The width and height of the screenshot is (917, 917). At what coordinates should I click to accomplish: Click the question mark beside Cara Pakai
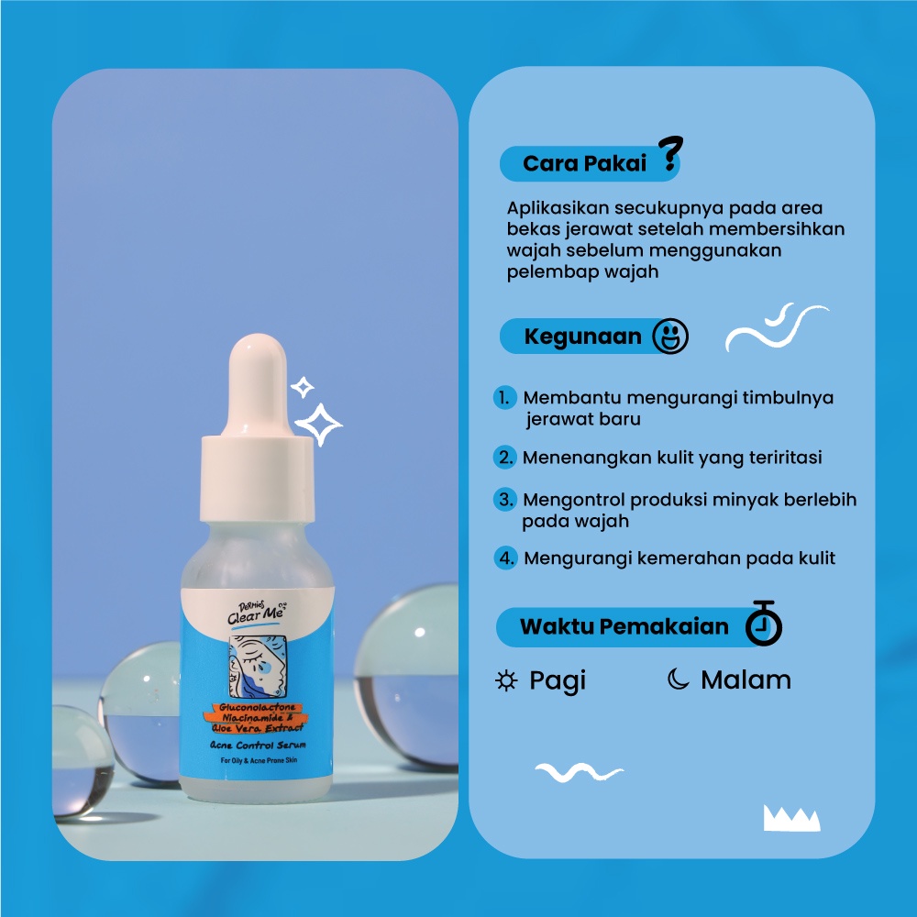point(670,153)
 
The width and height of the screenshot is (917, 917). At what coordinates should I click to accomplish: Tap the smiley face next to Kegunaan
point(670,337)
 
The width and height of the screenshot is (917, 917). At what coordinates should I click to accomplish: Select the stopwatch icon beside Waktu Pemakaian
point(764,624)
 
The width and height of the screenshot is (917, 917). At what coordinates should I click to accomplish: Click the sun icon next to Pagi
point(506,680)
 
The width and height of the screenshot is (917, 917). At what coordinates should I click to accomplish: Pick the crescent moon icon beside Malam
point(679,679)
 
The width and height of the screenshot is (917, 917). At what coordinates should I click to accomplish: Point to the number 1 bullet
point(504,398)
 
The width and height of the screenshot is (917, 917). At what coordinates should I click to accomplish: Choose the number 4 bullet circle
point(506,558)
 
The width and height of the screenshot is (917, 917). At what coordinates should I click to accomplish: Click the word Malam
point(746,679)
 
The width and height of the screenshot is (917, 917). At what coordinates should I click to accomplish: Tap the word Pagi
point(558,681)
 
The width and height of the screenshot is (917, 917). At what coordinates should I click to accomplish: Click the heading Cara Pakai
point(584,163)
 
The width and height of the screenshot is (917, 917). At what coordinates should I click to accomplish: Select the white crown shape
point(792,818)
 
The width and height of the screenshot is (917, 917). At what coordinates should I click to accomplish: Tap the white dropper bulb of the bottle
point(258,386)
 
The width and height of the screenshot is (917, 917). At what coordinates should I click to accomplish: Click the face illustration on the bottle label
point(258,666)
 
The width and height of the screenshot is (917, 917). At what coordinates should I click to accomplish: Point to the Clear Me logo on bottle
point(257,613)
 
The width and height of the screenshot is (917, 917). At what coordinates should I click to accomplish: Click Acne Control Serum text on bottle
point(258,745)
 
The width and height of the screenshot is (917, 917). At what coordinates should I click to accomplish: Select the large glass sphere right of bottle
point(406,672)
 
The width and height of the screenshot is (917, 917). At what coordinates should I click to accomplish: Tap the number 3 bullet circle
point(504,500)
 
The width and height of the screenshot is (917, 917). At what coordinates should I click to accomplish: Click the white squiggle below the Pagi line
point(579,772)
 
